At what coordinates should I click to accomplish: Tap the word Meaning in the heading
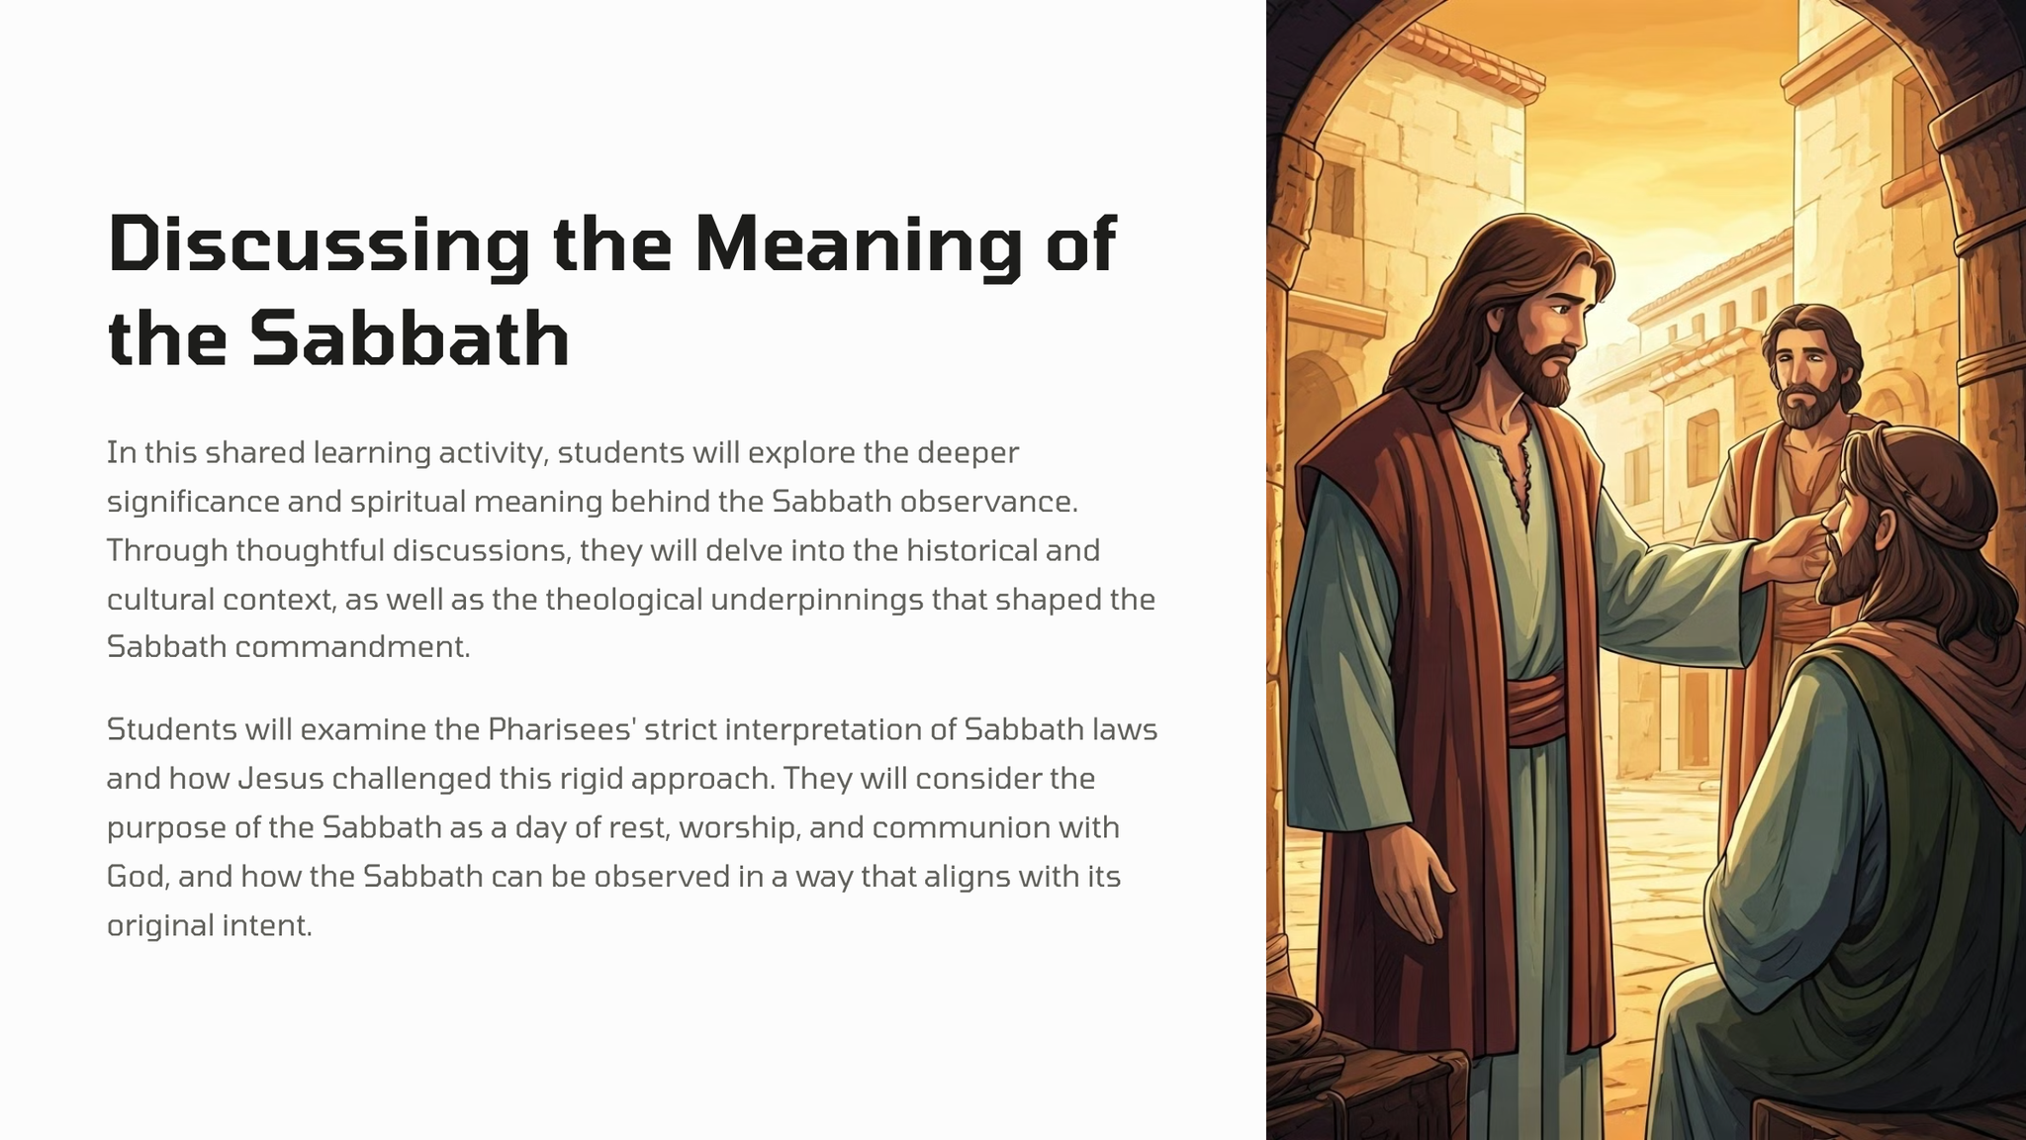pyautogui.click(x=858, y=244)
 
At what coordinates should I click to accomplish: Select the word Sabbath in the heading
pyautogui.click(x=410, y=337)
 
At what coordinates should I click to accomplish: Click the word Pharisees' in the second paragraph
pyautogui.click(x=553, y=729)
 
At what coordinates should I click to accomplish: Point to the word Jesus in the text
pyautogui.click(x=281, y=779)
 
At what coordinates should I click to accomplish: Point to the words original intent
pyautogui.click(x=210, y=926)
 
